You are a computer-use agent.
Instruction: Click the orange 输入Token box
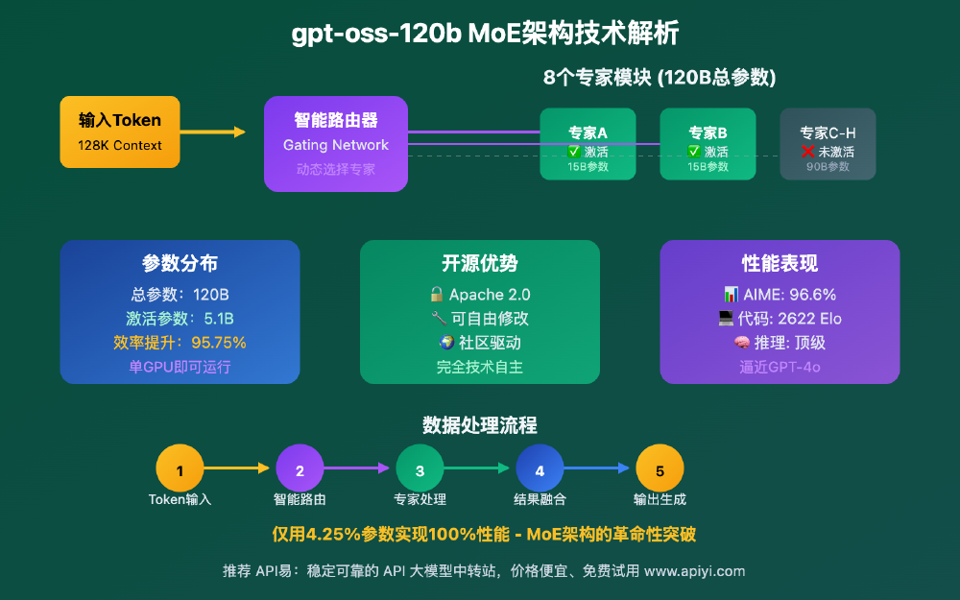(x=119, y=132)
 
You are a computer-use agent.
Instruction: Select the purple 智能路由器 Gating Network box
(x=336, y=143)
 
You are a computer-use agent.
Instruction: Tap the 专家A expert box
(x=588, y=144)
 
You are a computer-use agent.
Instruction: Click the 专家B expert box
(x=708, y=144)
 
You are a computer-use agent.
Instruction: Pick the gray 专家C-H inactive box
(x=828, y=144)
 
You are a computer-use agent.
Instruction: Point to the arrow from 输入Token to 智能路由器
(x=212, y=132)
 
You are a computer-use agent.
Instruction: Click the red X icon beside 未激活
(x=808, y=152)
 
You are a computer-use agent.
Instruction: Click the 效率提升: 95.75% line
(x=180, y=343)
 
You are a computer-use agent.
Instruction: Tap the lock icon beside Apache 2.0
(x=437, y=295)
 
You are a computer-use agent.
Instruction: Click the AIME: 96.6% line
(x=780, y=295)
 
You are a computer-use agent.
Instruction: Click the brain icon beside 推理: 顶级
(x=741, y=343)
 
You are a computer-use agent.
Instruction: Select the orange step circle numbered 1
(x=180, y=470)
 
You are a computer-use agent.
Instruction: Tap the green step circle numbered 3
(x=420, y=470)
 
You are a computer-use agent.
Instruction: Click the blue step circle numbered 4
(x=540, y=470)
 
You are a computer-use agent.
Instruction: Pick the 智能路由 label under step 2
(x=300, y=500)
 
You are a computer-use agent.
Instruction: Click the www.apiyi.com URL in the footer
(x=694, y=570)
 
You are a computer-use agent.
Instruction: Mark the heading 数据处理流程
(x=479, y=425)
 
